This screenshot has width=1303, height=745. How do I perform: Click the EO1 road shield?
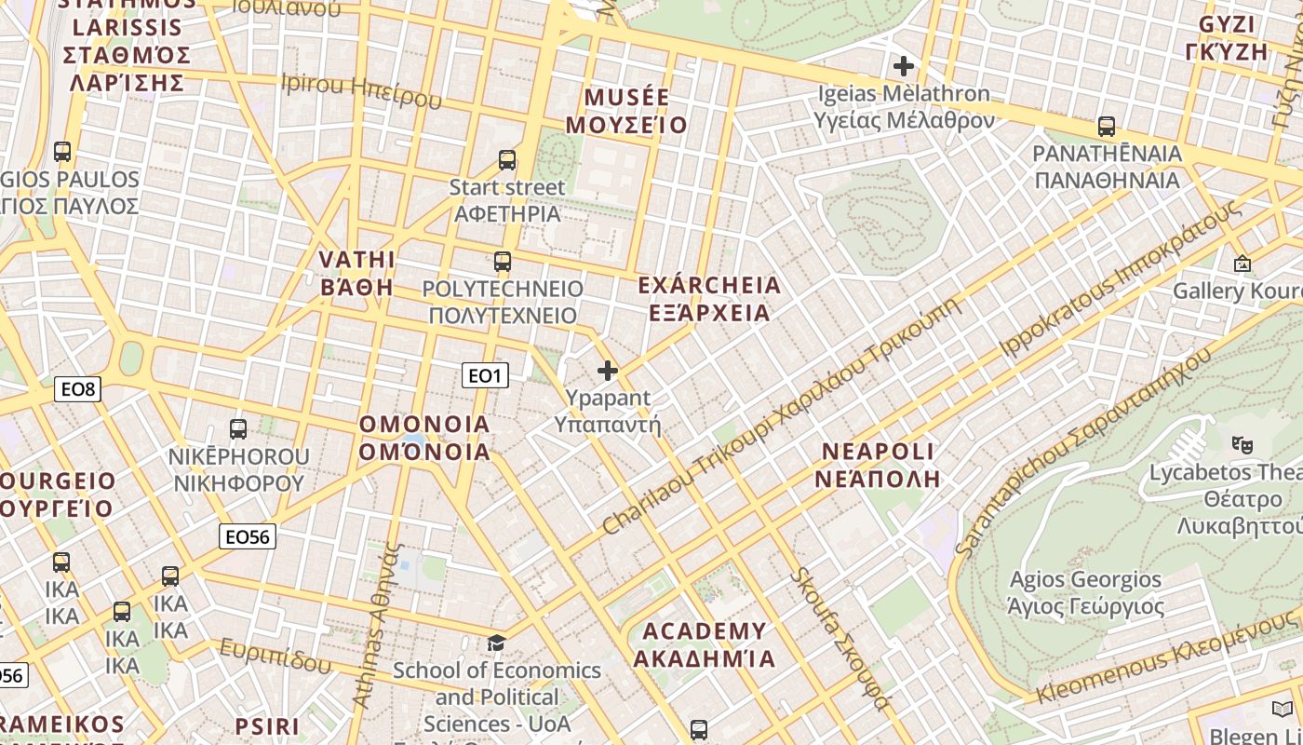coord(485,375)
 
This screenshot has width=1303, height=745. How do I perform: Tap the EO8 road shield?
coord(77,388)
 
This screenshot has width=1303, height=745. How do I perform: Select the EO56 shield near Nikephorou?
coord(248,536)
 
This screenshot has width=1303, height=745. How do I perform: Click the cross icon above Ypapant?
coord(608,371)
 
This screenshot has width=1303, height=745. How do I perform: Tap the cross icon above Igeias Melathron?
coord(903,66)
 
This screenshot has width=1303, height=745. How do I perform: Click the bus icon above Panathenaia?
coord(1107,126)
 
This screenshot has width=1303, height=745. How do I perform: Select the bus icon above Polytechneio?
coord(503,261)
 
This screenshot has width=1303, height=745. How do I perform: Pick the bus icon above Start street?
coord(507,159)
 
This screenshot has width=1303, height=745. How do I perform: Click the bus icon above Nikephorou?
coord(238,428)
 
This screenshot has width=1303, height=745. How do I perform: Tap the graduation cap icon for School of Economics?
coord(497,643)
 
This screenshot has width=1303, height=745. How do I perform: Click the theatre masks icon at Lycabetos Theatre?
coord(1241,444)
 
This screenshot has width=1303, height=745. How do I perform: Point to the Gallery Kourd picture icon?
coord(1242,264)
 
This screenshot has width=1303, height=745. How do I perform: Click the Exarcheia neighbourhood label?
coord(709,298)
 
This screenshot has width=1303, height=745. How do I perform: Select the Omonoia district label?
coord(424,438)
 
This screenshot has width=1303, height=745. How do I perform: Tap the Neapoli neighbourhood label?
coord(878,465)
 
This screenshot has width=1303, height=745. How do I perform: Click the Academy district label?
coord(705,644)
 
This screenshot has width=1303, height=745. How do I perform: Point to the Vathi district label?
coord(356,273)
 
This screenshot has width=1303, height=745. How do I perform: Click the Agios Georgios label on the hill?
coord(1085,592)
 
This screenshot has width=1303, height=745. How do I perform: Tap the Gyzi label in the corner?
coord(1232,37)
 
